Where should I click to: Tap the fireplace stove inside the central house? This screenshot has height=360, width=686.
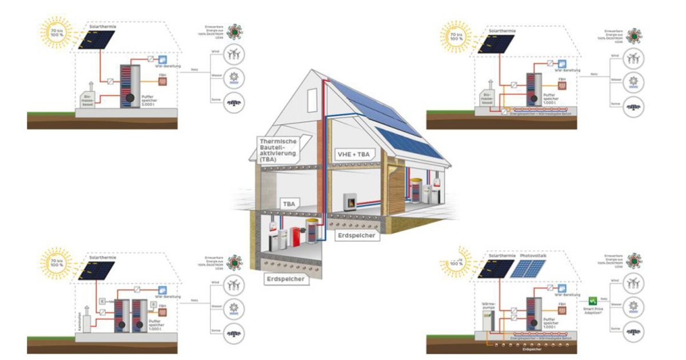350,201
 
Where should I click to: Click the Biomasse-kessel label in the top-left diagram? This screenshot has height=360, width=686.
87,101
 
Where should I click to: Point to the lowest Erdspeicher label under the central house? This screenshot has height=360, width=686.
284,279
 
